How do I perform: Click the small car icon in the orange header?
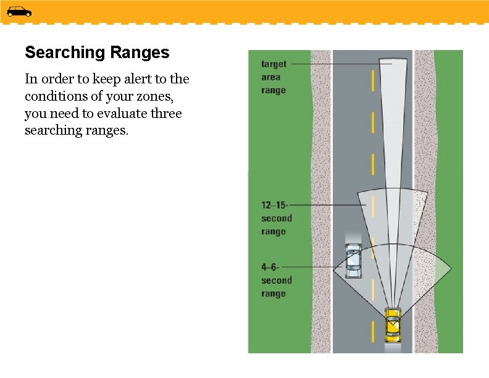point(19,11)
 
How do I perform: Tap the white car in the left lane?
point(353,261)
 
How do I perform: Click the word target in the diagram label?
point(274,64)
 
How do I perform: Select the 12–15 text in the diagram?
point(274,204)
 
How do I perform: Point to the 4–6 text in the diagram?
point(270,267)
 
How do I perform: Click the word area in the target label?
point(270,77)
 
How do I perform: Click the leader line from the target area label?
point(340,64)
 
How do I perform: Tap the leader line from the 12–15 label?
point(327,204)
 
